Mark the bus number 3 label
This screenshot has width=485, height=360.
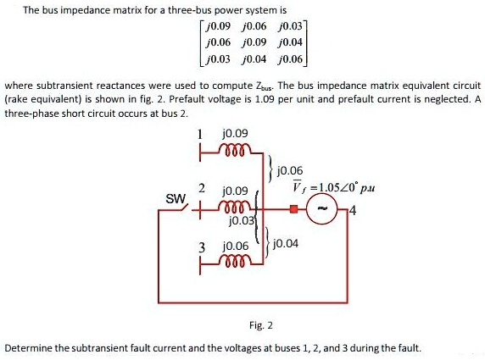(x=202, y=247)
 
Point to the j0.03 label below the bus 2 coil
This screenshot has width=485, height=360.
(x=242, y=221)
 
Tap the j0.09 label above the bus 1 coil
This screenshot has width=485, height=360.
(x=234, y=133)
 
